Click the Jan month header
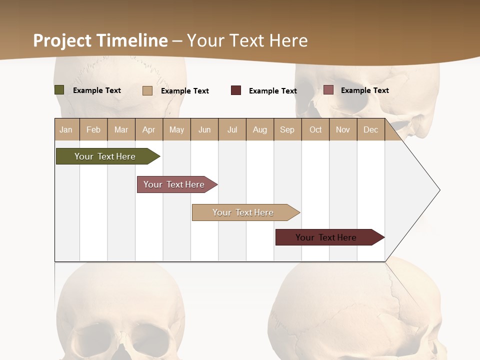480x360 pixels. coord(66,129)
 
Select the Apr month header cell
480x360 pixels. coord(149,129)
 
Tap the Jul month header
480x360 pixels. coord(232,129)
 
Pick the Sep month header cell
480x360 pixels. coord(287,129)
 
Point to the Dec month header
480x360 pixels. coord(370,129)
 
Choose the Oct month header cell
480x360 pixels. coord(315,129)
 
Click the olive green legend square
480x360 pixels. coord(59,90)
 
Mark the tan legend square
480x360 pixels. coord(147,90)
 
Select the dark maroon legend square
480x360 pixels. coord(236,90)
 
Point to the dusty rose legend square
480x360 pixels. coord(328,90)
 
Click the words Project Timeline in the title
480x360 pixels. coord(100,40)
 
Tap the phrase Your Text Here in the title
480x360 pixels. coord(247,40)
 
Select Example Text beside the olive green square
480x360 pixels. coord(97,90)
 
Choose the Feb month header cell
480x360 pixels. coord(93,129)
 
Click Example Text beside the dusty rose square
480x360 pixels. coord(365,90)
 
